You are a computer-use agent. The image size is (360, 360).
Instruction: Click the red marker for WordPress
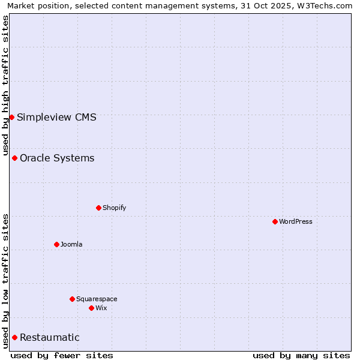[x=275, y=221]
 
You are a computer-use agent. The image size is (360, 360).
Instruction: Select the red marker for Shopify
[x=98, y=208]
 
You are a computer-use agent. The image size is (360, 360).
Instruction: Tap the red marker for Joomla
[x=56, y=244]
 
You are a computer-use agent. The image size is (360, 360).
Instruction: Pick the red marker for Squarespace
[x=72, y=299]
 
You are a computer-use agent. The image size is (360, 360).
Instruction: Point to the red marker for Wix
[x=91, y=308]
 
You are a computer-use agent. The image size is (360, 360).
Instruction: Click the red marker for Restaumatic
[x=14, y=337]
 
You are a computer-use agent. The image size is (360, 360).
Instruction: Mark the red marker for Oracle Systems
[x=14, y=158]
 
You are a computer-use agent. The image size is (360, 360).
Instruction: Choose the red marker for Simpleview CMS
[x=11, y=117]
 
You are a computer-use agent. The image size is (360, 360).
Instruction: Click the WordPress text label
[x=296, y=221]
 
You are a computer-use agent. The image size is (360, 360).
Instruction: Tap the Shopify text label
[x=114, y=208]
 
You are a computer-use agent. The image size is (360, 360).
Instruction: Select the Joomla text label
[x=71, y=244]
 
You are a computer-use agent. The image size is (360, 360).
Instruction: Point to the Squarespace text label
[x=97, y=299]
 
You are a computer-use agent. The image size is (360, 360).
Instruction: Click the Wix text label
[x=101, y=308]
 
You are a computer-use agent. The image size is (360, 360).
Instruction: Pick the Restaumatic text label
[x=49, y=337]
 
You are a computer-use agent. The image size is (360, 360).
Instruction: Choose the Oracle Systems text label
[x=57, y=158]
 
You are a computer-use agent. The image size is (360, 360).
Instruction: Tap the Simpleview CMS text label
[x=56, y=117]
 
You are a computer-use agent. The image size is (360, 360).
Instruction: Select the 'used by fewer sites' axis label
[x=62, y=355]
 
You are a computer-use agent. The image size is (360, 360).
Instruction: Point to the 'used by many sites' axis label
[x=301, y=355]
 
